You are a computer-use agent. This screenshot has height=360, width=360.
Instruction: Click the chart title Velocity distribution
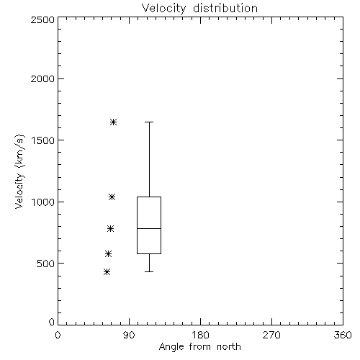[x=199, y=9]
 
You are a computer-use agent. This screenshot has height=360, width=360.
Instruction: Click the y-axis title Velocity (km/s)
[x=19, y=172]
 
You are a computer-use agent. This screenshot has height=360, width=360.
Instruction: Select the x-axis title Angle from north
[x=199, y=347]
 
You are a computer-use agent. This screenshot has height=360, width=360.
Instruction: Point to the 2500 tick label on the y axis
[x=42, y=19]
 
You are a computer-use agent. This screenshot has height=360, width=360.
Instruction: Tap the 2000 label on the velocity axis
[x=42, y=79]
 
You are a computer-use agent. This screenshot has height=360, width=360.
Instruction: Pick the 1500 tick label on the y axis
[x=43, y=140]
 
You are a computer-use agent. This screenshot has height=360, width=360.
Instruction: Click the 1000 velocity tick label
[x=43, y=202]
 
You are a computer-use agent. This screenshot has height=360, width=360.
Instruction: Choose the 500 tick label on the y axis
[x=46, y=264]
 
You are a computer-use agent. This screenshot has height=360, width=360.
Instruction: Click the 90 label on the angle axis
[x=129, y=335]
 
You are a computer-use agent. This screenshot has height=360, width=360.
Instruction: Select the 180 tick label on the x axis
[x=200, y=335]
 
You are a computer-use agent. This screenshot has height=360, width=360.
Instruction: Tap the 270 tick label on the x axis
[x=271, y=335]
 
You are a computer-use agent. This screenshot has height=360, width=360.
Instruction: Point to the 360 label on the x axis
[x=343, y=335]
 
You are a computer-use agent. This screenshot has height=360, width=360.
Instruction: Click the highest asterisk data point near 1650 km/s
[x=114, y=122]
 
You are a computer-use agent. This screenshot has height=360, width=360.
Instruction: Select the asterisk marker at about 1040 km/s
[x=112, y=197]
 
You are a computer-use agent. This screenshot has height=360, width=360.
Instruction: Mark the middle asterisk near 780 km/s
[x=111, y=229]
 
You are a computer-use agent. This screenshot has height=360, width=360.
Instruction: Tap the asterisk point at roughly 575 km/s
[x=109, y=253]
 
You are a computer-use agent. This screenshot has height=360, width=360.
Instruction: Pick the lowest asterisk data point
[x=107, y=272]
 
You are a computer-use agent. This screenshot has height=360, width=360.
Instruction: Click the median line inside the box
[x=149, y=228]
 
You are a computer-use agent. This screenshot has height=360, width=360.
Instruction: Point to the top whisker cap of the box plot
[x=149, y=122]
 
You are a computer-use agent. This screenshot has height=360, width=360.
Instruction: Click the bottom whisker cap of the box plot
[x=149, y=271]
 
